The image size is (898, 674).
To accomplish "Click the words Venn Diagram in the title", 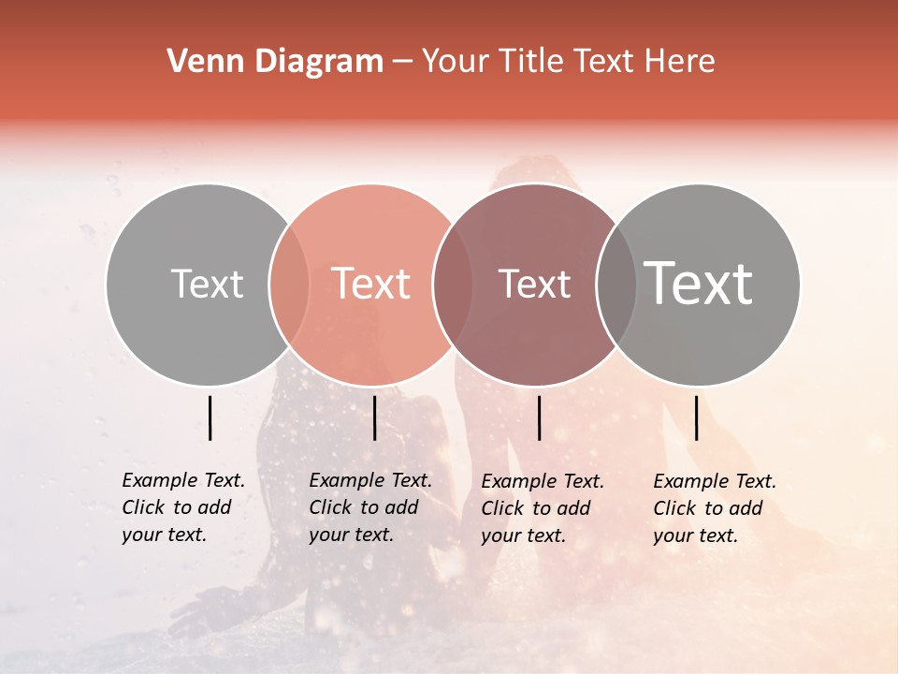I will coord(275,62).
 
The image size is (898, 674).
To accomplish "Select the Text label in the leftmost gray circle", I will coord(207,285).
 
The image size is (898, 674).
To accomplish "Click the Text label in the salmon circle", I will coord(370,285).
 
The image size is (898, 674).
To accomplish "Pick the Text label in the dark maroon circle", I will coord(534,285).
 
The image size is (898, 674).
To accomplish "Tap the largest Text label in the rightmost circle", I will coord(699,284).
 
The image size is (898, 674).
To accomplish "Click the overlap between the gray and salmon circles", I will coord(289,285).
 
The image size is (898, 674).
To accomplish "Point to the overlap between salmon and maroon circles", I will coord(453,285).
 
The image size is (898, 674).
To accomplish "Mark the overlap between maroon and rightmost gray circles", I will coord(616,285).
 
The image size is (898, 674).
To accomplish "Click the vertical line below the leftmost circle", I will coord(210,418).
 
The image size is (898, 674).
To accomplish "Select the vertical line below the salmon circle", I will coord(374,418).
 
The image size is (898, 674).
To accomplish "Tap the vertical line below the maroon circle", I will coord(539,418).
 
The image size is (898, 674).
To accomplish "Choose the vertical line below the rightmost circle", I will coord(696,418).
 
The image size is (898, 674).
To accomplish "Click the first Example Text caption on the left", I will coord(182,507).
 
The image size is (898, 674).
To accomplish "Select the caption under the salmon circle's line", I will coord(369,507).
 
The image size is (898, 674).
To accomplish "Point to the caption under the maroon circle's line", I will coord(542,508).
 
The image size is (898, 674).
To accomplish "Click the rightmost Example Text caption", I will coord(714,508).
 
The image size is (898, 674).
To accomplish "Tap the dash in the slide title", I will coord(402,62).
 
